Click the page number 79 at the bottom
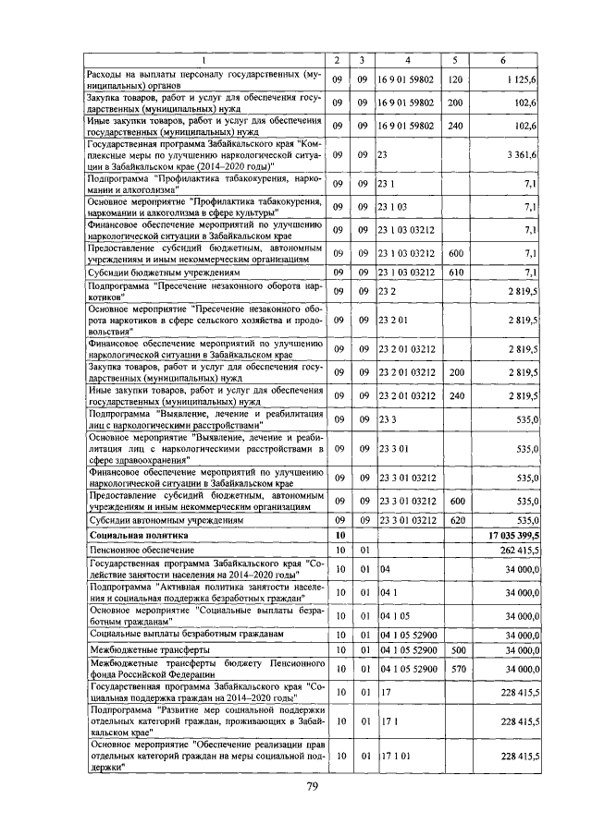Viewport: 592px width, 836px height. pos(313,787)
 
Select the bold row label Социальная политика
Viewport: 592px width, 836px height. pos(138,535)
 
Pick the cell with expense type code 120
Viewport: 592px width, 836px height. pos(454,80)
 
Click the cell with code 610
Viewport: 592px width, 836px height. pos(454,273)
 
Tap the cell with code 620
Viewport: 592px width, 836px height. pos(454,520)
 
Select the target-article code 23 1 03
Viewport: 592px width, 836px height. pos(392,205)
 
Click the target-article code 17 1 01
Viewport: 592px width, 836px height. pos(392,756)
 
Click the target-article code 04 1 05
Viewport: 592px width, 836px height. pos(392,615)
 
